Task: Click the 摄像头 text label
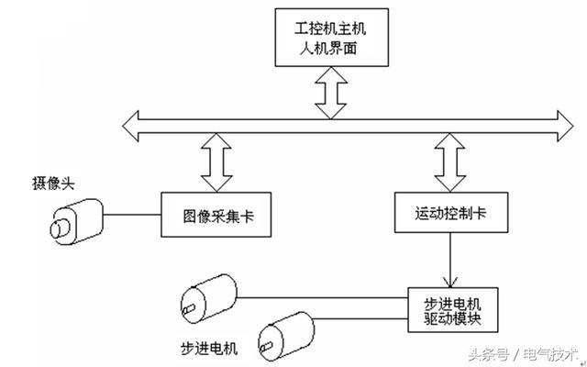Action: tap(52, 183)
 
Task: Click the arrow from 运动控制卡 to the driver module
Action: tap(449, 261)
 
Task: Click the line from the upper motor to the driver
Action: tap(321, 296)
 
